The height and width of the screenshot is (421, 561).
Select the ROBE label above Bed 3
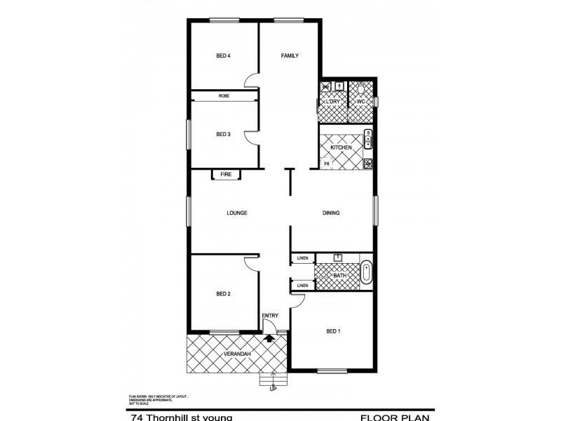click(224, 95)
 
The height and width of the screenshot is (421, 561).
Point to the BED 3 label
click(223, 134)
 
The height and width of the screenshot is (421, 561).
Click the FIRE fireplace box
click(226, 174)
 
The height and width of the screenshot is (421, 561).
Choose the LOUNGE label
click(237, 213)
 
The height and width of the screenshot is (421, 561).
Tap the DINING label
click(332, 213)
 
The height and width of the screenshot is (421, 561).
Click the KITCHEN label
click(341, 147)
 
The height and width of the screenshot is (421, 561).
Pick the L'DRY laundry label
click(333, 102)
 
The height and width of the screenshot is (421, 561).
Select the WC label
click(361, 102)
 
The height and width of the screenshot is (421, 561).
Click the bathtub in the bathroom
click(367, 273)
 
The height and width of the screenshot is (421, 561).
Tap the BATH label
click(340, 276)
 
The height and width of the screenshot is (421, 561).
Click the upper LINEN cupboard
click(302, 258)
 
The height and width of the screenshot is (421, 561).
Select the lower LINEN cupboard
click(302, 286)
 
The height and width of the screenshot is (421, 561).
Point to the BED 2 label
click(223, 294)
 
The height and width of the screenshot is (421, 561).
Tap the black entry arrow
click(269, 338)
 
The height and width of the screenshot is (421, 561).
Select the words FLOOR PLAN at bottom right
click(395, 417)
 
